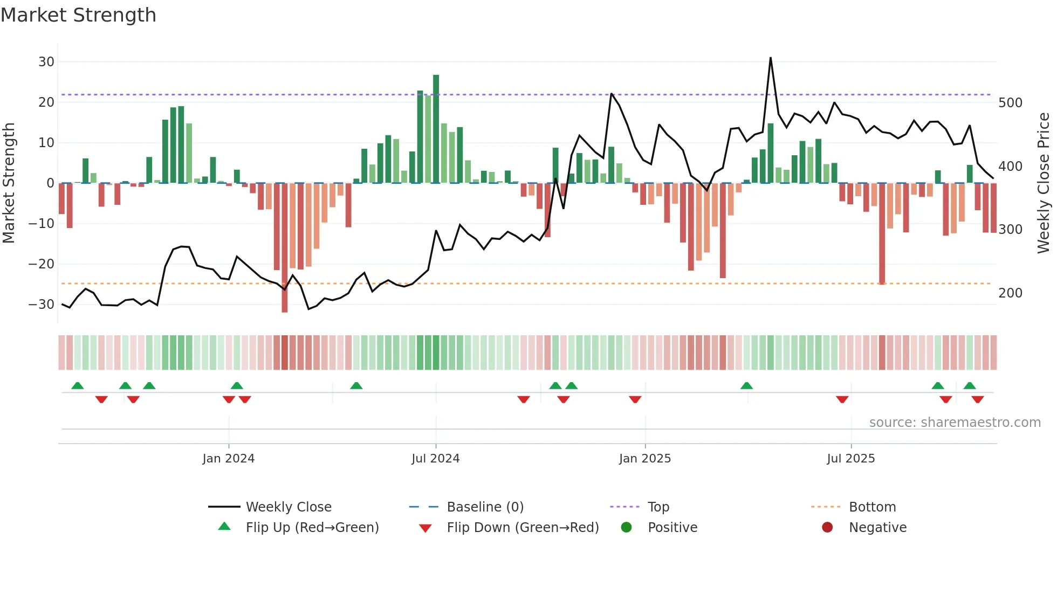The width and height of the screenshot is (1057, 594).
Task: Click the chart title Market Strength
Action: coord(78,15)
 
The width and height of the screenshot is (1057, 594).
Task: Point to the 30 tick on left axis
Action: coord(46,62)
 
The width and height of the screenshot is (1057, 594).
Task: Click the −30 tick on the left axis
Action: coord(42,305)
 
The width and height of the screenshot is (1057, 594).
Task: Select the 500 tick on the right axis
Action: coord(1010,103)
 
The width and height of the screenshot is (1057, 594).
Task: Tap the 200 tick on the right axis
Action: coord(1010,293)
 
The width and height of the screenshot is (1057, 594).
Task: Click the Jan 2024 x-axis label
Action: coord(228,459)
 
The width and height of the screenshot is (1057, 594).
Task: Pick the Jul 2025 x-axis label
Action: coord(850,459)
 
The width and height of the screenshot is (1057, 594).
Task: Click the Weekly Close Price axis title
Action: coord(1044,183)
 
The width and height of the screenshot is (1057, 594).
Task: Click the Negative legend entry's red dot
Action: coord(827,528)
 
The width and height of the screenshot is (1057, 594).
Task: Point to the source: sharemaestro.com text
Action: coord(955,423)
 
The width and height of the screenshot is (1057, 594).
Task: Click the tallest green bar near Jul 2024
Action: coord(436,129)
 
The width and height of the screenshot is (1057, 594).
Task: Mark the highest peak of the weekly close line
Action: coord(771,58)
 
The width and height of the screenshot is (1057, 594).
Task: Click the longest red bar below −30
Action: coord(285,248)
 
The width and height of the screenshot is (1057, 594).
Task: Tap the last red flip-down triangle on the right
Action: coord(978,399)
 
